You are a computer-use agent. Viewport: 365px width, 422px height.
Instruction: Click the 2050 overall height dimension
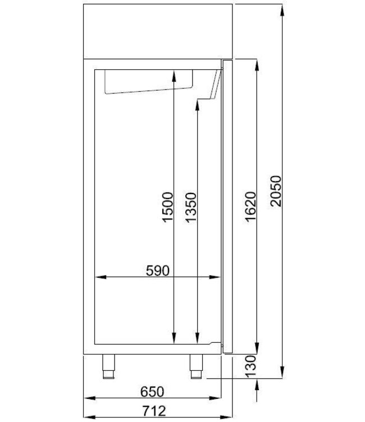coord(275,191)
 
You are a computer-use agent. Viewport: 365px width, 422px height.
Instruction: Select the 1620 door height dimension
coord(250,207)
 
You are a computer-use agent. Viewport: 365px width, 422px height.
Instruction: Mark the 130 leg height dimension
coord(250,367)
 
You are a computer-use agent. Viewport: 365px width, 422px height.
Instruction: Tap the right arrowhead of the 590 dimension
coord(217,277)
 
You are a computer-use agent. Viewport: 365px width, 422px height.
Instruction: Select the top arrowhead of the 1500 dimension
coord(176,73)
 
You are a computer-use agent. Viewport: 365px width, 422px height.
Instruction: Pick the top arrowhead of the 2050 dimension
coord(281,7)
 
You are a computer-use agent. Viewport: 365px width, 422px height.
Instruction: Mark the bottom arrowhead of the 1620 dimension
coord(257,351)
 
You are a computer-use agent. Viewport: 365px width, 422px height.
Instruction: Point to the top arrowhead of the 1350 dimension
coord(197,105)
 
